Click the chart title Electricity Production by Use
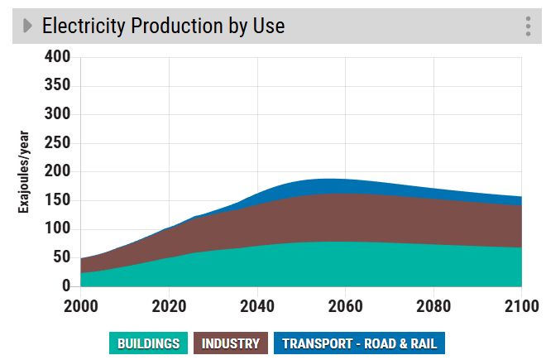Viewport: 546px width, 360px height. (x=163, y=26)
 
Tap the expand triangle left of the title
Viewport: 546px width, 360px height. (x=27, y=26)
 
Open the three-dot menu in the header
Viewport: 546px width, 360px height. (x=528, y=26)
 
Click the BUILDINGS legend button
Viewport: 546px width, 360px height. (x=148, y=343)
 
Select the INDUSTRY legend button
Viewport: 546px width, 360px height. (x=231, y=343)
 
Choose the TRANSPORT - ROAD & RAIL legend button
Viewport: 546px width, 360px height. (x=359, y=343)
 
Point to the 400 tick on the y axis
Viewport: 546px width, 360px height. (x=56, y=57)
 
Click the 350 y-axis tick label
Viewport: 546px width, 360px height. (x=56, y=86)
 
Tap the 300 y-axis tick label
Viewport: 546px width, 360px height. (x=56, y=114)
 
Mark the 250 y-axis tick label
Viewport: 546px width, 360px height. (x=56, y=143)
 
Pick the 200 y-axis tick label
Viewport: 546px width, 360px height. (x=56, y=172)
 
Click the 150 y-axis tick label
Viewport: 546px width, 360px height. (x=56, y=200)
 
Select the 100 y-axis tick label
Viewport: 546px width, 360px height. (x=56, y=229)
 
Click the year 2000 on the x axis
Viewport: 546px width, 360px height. (x=81, y=305)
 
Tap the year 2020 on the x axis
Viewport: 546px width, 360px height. (x=169, y=305)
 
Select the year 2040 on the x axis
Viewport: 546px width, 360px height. (x=257, y=305)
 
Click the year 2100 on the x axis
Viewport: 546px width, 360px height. (x=520, y=305)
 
